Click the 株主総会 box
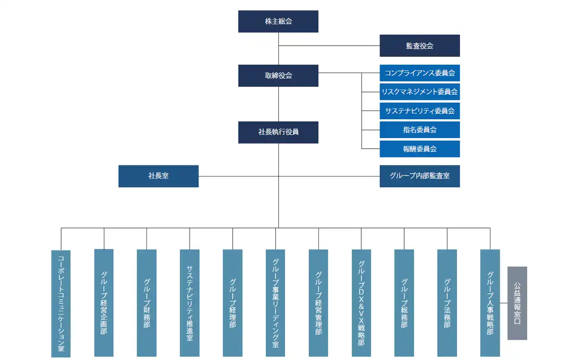click(x=278, y=22)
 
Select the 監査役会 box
click(x=420, y=46)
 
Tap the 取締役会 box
click(x=278, y=76)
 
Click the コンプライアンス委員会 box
click(x=420, y=73)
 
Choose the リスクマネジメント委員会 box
click(x=420, y=92)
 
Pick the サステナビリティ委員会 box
click(x=420, y=111)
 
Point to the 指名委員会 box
click(x=420, y=130)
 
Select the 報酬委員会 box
click(x=420, y=149)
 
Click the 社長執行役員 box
click(x=278, y=132)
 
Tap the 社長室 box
click(x=158, y=176)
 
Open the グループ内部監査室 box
click(x=420, y=176)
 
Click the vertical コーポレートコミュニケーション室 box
click(x=61, y=303)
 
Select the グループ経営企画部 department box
click(x=104, y=303)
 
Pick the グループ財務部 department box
click(x=146, y=303)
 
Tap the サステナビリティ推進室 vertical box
click(x=190, y=303)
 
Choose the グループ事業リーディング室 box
click(x=275, y=303)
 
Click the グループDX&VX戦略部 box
click(x=361, y=303)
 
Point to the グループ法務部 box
click(x=447, y=303)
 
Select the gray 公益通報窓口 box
click(x=517, y=303)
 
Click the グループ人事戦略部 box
click(x=490, y=303)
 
